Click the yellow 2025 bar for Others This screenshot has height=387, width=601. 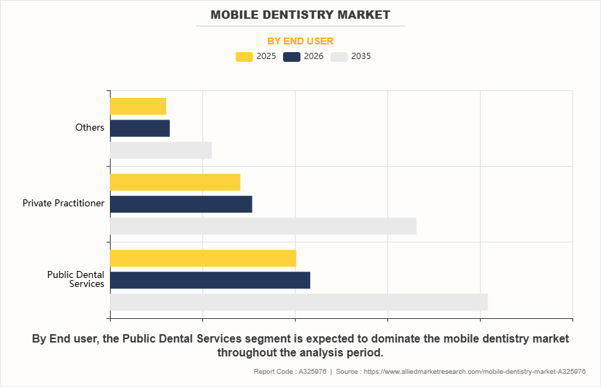138,106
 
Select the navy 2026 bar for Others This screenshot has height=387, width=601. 140,129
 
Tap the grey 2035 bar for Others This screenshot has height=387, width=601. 161,150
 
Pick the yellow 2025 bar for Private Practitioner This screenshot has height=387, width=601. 175,182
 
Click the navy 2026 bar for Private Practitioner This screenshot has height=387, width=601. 181,204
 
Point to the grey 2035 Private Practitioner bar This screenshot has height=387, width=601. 263,227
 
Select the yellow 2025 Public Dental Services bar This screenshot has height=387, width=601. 203,258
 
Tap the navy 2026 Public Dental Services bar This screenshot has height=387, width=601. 210,280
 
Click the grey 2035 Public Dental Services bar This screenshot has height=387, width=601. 298,302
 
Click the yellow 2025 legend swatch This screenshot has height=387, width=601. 244,57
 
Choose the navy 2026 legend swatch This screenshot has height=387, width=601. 291,57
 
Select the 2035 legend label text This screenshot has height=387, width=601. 361,57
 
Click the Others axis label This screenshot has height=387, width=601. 90,128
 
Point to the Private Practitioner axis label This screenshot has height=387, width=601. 63,204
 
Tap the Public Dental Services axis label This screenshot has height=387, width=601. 76,279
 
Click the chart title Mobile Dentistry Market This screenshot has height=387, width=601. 300,15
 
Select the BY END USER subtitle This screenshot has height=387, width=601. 300,41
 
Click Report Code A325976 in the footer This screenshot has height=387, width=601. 290,372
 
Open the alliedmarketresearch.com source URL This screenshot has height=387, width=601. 474,372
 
